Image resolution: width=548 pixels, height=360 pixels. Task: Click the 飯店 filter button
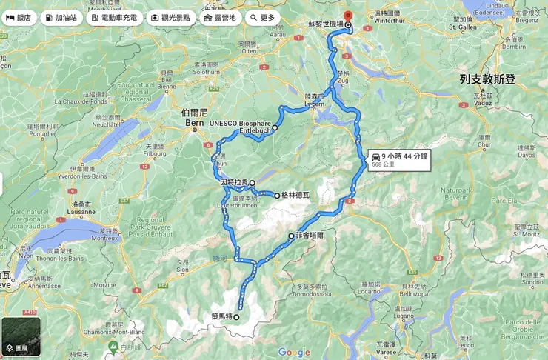click(19, 17)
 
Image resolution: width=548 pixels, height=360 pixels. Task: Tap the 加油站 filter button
click(61, 17)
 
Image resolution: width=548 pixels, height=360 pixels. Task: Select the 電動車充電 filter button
click(113, 17)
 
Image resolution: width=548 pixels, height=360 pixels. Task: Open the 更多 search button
click(262, 17)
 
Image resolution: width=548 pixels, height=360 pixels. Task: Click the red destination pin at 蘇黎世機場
click(348, 16)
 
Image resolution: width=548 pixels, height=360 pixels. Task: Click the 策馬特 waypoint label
click(221, 316)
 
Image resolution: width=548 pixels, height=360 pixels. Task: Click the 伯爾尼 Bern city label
click(194, 119)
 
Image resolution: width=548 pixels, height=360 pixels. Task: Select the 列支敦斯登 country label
click(487, 79)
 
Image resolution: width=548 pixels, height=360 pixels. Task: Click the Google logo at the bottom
click(294, 352)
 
